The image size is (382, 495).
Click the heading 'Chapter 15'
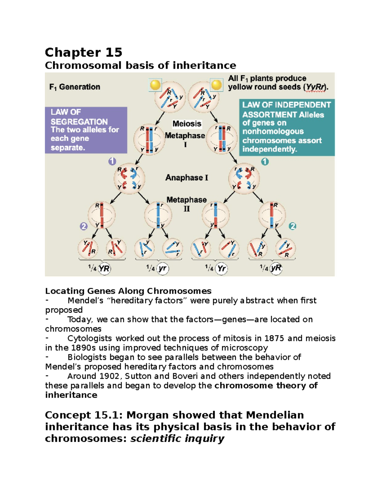pos(83,52)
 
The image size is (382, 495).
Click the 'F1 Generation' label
pos(75,87)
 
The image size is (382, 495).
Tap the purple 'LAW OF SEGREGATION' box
pos(86,130)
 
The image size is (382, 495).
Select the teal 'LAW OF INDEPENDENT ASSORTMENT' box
pos(286,127)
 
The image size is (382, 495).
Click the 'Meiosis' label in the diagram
pos(187,124)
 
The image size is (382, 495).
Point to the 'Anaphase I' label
pos(187,178)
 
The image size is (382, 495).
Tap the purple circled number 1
pos(112,161)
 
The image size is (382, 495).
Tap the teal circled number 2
pos(292,226)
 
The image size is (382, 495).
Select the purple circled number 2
pos(83,226)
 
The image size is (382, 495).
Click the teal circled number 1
pos(265,162)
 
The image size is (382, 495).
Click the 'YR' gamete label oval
pos(104,269)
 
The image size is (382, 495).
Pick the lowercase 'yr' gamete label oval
pos(163,268)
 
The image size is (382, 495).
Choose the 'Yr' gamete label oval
pos(221,269)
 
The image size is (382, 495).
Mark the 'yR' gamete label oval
pos(276,268)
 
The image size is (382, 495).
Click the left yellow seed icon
pos(155,85)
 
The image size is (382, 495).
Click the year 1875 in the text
pos(275,338)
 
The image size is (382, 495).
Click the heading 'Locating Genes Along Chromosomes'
pos(128,291)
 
